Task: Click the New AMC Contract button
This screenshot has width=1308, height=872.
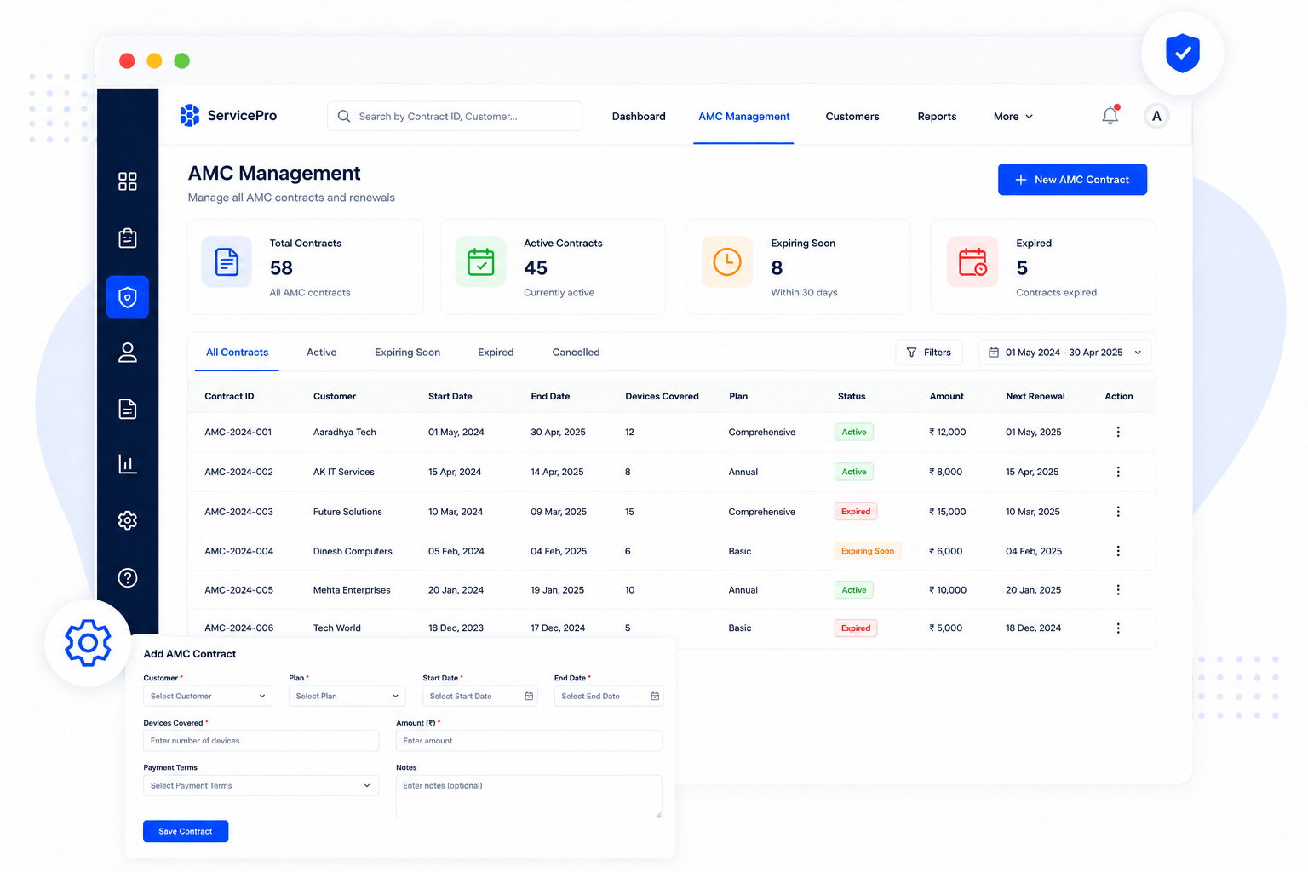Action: (x=1072, y=180)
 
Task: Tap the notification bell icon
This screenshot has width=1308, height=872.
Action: (x=1110, y=115)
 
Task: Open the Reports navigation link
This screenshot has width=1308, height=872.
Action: (x=937, y=116)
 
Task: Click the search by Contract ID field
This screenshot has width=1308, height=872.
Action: (x=454, y=116)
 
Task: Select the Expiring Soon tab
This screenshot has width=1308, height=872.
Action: (x=407, y=353)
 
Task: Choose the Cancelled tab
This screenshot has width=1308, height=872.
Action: (x=576, y=353)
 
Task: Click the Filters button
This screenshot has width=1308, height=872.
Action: (x=928, y=353)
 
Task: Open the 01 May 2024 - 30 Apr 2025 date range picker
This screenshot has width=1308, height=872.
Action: (x=1064, y=353)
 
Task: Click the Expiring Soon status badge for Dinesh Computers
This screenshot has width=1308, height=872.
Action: (x=867, y=551)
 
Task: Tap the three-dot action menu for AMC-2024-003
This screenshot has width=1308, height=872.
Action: (x=1117, y=512)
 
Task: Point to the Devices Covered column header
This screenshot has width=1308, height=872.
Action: (x=662, y=396)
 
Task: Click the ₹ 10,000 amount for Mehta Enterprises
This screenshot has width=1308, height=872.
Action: (x=947, y=590)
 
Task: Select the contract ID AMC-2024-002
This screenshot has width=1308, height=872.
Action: (x=238, y=472)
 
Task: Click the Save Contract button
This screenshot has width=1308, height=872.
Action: (x=186, y=831)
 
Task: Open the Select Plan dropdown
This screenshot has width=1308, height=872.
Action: (x=347, y=697)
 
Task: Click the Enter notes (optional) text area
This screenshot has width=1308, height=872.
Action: (x=529, y=796)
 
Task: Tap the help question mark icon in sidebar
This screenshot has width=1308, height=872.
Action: (x=127, y=577)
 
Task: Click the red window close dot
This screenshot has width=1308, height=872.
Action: (x=127, y=60)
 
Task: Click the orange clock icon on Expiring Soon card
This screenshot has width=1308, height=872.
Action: (x=726, y=261)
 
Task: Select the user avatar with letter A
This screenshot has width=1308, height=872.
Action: (x=1156, y=116)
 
